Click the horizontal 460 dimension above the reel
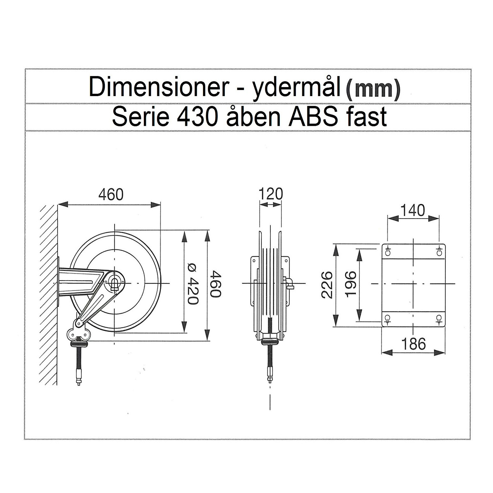coord(111,194)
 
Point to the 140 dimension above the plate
coord(412,210)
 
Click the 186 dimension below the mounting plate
coord(413,344)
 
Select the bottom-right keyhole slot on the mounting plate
coord(439,318)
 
